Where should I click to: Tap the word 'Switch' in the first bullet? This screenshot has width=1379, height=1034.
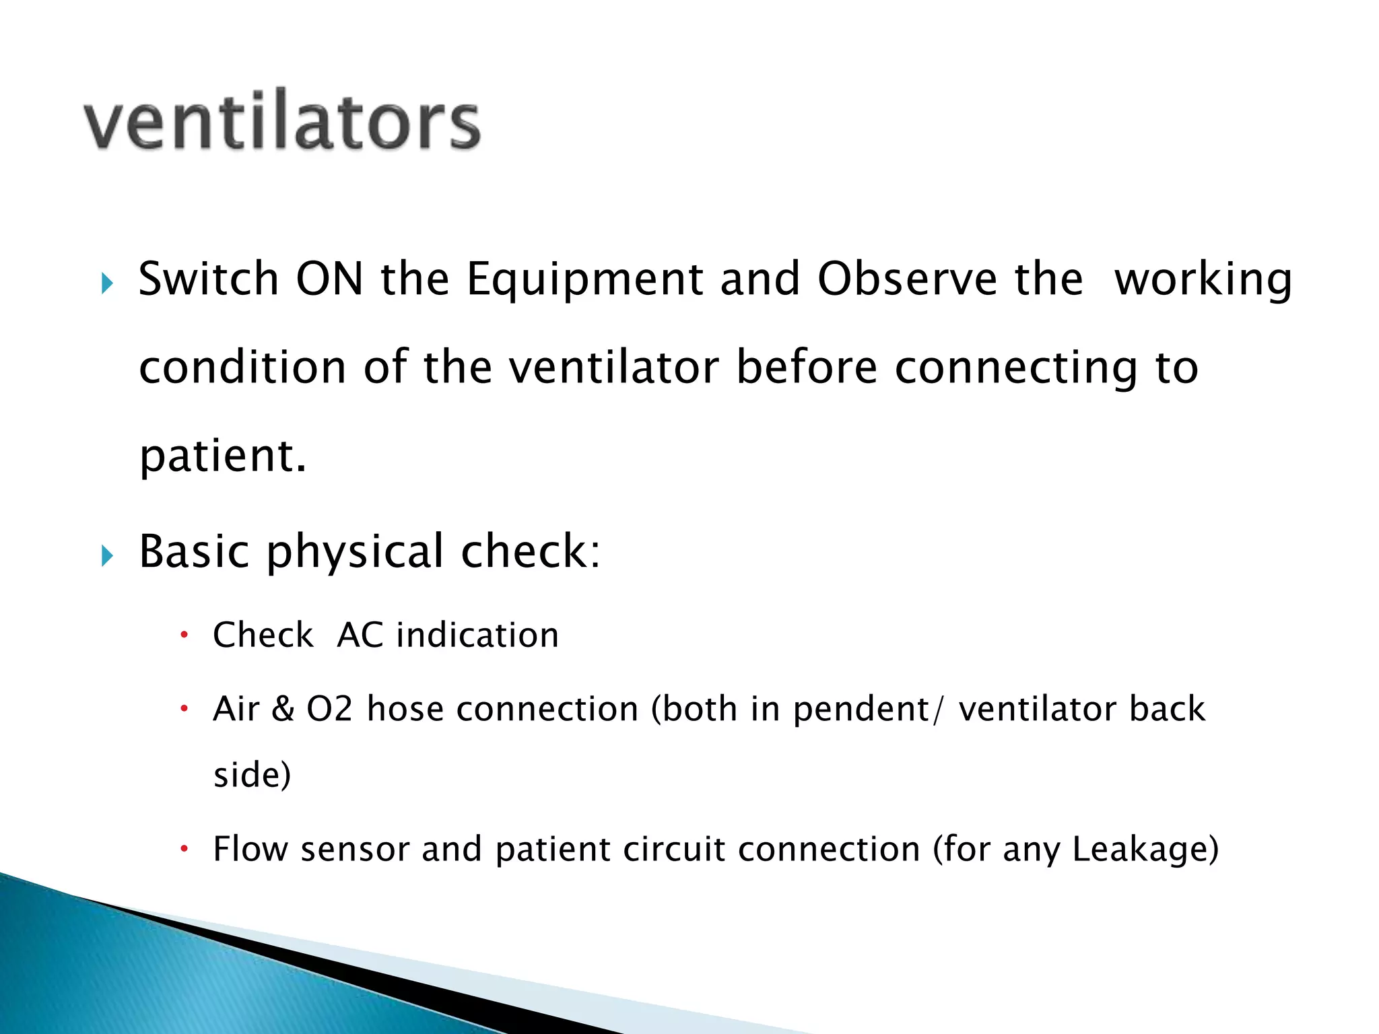tap(208, 279)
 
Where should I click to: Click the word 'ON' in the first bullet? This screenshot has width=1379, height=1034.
tap(329, 279)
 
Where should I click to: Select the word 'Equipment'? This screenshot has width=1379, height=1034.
tap(584, 280)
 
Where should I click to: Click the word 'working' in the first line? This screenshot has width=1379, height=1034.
tap(1203, 280)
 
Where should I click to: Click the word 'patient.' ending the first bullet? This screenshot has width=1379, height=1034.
tap(223, 456)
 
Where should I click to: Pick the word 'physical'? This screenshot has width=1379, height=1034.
tap(355, 552)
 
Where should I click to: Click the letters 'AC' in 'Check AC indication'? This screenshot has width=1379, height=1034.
tap(360, 635)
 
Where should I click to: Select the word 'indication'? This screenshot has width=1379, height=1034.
tap(477, 635)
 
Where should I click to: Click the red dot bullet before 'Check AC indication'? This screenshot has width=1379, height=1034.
tap(184, 635)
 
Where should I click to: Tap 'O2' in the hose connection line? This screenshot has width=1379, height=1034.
tap(329, 709)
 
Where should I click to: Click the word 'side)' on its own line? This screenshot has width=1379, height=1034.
tap(252, 774)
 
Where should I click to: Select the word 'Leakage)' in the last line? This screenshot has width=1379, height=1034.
tap(1145, 850)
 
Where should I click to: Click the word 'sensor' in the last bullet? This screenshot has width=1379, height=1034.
tap(355, 850)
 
